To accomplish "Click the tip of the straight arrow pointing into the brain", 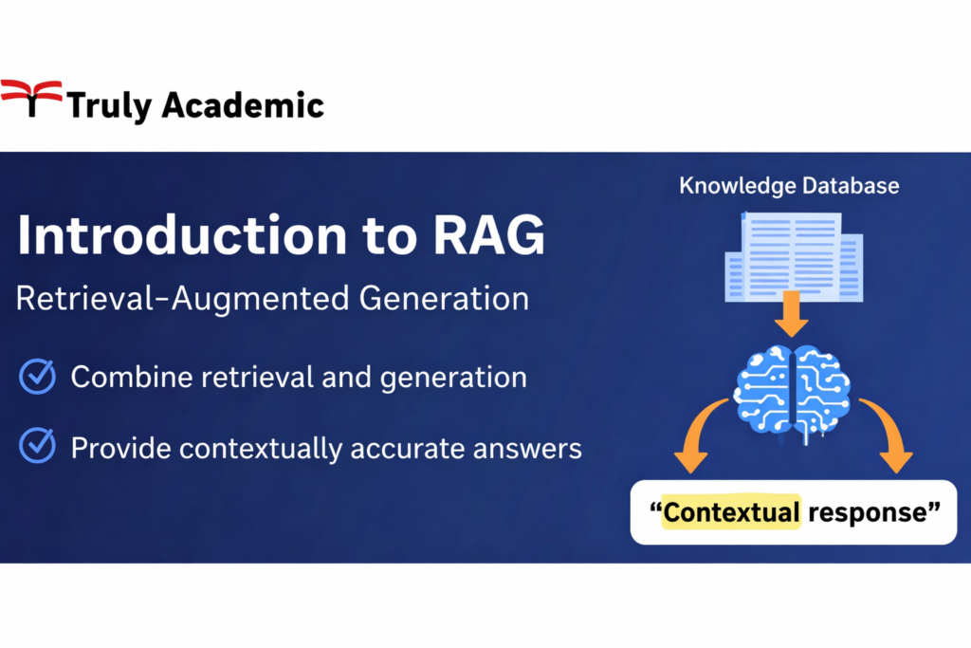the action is point(791,337).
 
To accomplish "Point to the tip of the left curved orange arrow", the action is point(690,472).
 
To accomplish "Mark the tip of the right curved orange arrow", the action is point(896,472).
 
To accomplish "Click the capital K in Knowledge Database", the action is point(687,185).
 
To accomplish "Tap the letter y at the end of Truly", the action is point(142,109).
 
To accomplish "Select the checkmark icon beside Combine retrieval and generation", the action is point(37,376).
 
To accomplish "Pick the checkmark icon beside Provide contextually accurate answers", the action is point(37,445).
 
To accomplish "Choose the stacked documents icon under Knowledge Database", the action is point(794,257).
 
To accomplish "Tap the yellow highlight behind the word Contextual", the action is point(731,511).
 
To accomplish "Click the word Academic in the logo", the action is point(243,104).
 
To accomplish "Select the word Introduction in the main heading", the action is point(182,235).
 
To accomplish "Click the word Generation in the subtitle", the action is point(444,298).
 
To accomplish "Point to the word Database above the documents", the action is point(851,185).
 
